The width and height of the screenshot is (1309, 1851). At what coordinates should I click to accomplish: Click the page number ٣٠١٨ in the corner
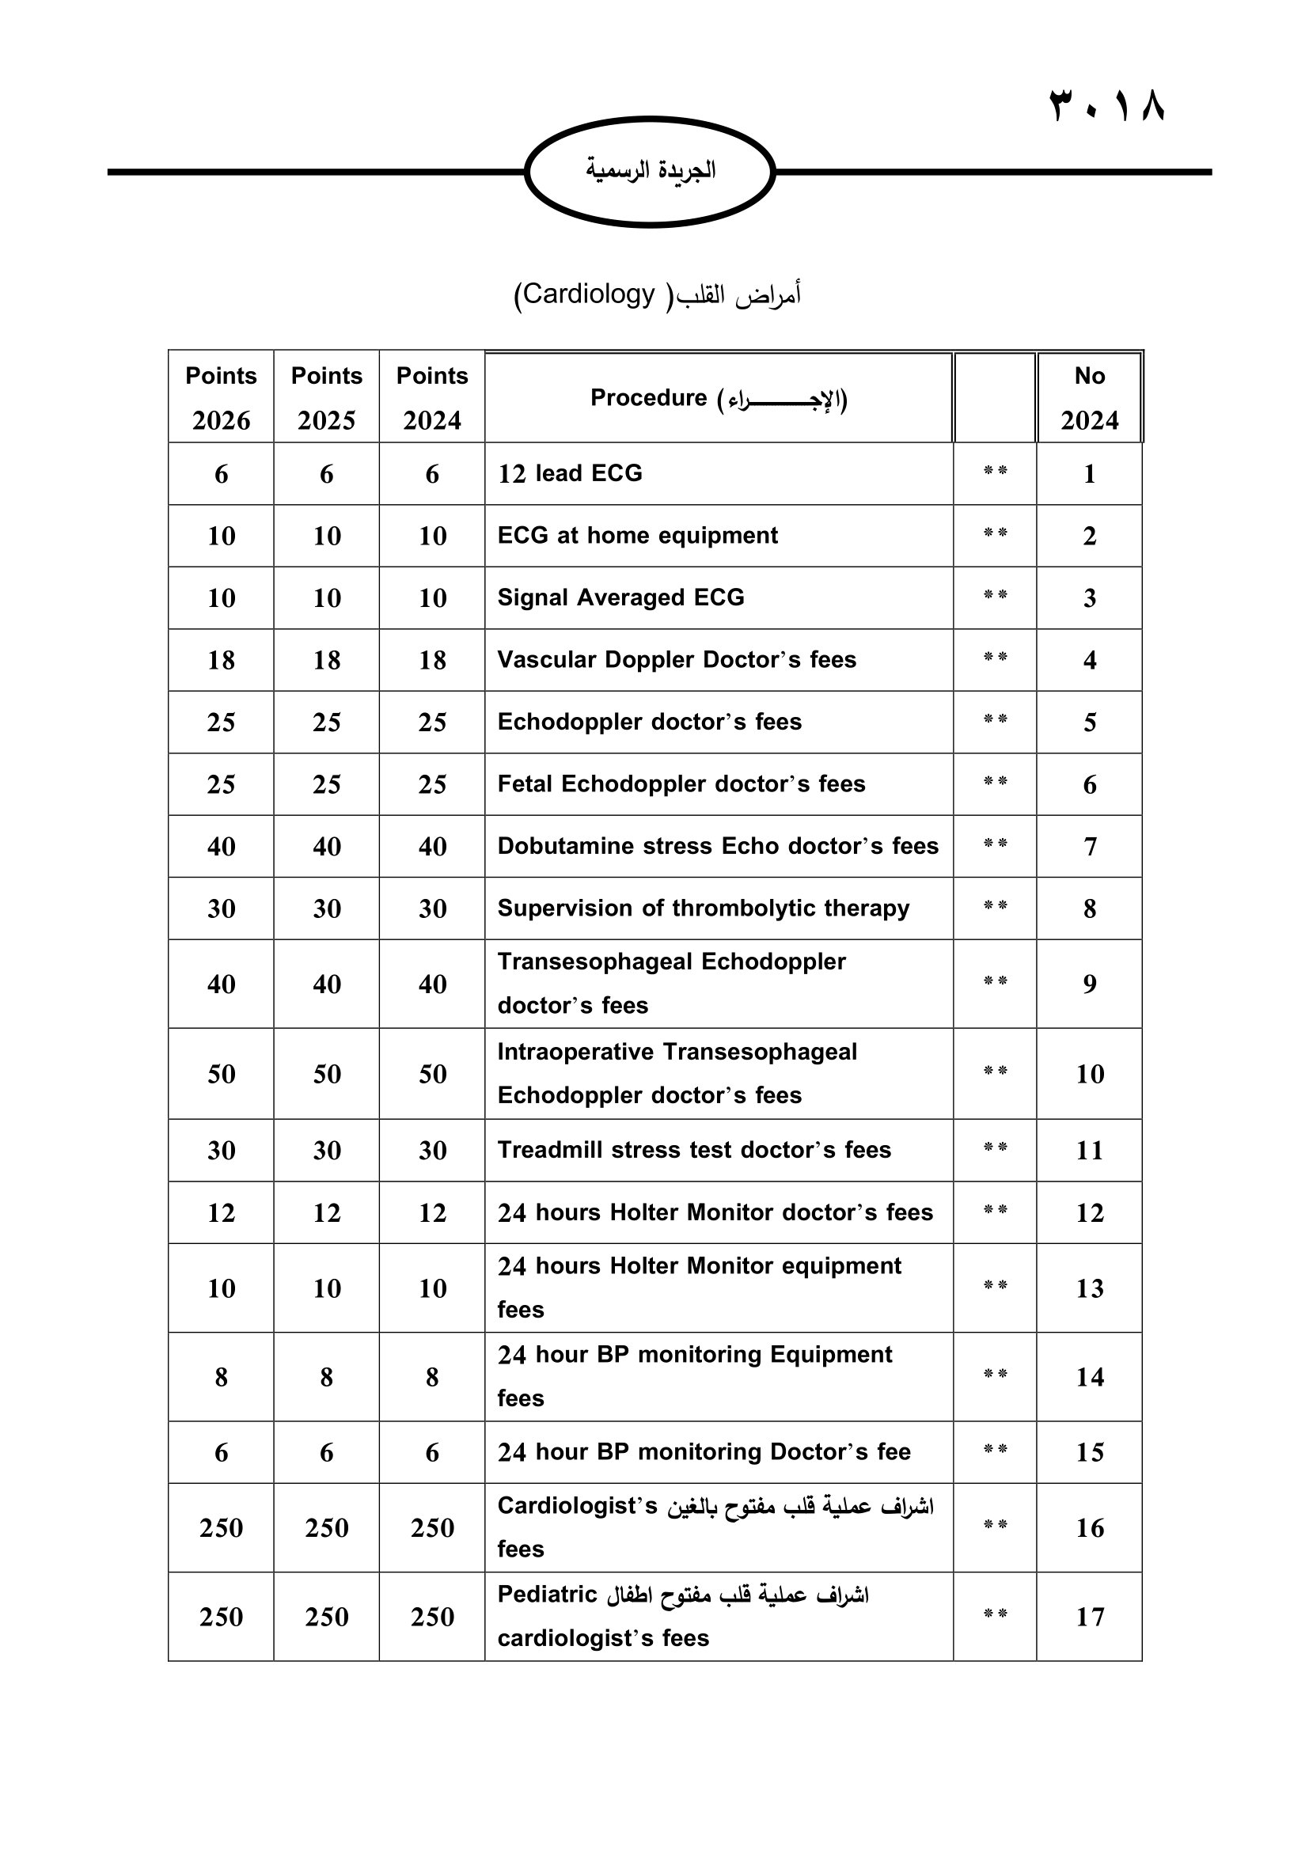click(1106, 105)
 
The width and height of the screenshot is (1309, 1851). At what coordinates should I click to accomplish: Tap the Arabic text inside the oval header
click(650, 170)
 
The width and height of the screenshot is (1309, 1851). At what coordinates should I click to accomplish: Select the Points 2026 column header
click(221, 396)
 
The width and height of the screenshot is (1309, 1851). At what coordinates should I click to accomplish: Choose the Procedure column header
click(718, 398)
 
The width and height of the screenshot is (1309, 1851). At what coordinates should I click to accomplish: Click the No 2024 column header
click(1089, 396)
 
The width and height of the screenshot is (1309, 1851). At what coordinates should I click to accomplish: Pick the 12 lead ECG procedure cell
click(570, 473)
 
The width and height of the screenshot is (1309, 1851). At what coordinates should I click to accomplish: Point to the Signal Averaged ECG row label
click(620, 597)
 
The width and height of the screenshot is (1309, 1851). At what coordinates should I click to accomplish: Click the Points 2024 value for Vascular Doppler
click(432, 660)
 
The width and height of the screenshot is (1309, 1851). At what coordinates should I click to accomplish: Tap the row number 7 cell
click(1090, 847)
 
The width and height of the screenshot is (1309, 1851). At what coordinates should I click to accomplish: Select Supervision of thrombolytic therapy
click(703, 908)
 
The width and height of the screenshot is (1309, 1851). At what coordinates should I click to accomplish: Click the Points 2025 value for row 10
click(326, 1074)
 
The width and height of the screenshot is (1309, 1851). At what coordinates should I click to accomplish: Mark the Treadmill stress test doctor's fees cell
click(694, 1151)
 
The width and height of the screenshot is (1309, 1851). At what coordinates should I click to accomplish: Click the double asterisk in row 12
click(996, 1211)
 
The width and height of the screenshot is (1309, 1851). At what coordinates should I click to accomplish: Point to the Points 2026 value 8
click(221, 1378)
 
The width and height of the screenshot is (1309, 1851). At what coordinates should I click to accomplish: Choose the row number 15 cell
click(1090, 1453)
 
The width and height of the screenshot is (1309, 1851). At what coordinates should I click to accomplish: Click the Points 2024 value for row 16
click(432, 1527)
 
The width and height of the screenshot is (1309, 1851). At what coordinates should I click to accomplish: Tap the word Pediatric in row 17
click(547, 1595)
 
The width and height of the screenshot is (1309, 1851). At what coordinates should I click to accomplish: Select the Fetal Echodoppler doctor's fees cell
click(681, 784)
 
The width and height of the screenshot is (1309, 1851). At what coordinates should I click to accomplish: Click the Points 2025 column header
click(326, 396)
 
